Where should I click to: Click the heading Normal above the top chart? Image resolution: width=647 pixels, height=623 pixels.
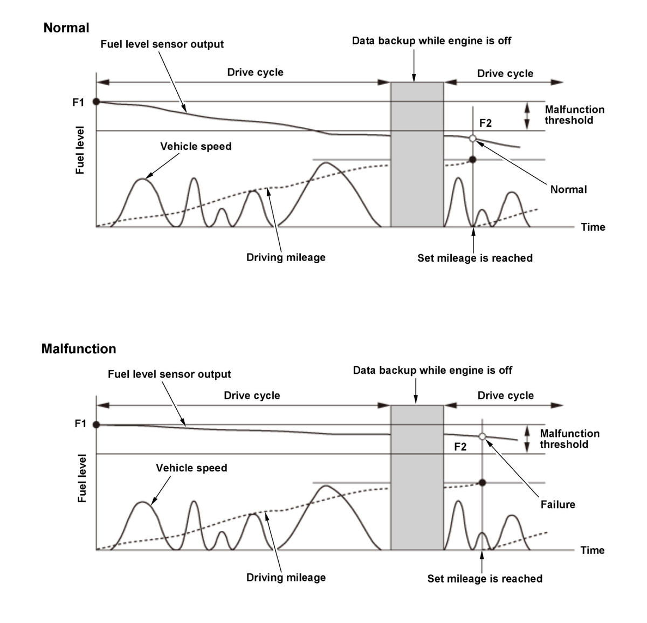pyautogui.click(x=66, y=28)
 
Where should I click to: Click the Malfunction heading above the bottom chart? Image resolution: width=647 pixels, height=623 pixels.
pyautogui.click(x=79, y=349)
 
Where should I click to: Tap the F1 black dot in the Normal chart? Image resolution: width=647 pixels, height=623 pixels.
pyautogui.click(x=97, y=101)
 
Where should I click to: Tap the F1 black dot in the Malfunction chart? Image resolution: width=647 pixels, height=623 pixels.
pyautogui.click(x=97, y=425)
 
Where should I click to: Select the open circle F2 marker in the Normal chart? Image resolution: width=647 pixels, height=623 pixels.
pyautogui.click(x=473, y=139)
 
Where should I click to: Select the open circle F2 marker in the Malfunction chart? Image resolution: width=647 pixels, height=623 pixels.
pyautogui.click(x=482, y=436)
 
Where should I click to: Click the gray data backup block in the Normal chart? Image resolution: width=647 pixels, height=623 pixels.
pyautogui.click(x=417, y=154)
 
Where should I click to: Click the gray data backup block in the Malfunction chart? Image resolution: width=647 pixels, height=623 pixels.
pyautogui.click(x=417, y=477)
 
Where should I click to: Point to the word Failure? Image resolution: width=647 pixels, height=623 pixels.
pyautogui.click(x=557, y=505)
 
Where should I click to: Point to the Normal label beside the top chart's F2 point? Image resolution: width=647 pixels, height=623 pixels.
pyautogui.click(x=568, y=189)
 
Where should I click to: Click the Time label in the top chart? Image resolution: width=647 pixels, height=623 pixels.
pyautogui.click(x=593, y=227)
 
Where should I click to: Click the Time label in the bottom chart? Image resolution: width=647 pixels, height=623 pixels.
pyautogui.click(x=592, y=550)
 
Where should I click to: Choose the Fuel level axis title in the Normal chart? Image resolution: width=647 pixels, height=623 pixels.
pyautogui.click(x=80, y=150)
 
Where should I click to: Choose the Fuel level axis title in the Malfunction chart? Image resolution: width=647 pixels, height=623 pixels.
pyautogui.click(x=82, y=478)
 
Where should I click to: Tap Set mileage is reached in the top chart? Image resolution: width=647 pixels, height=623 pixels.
pyautogui.click(x=475, y=258)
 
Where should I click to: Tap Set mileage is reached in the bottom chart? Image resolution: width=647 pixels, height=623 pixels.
pyautogui.click(x=485, y=579)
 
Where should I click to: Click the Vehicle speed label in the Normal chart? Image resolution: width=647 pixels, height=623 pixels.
pyautogui.click(x=196, y=147)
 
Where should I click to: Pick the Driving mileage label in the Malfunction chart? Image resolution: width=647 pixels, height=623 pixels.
pyautogui.click(x=286, y=578)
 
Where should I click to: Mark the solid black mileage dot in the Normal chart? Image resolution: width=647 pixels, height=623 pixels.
pyautogui.click(x=473, y=160)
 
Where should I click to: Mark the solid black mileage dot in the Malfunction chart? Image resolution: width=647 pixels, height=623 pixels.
pyautogui.click(x=482, y=482)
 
